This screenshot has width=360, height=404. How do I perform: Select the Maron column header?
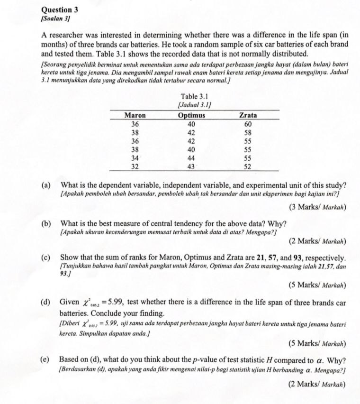coord(135,115)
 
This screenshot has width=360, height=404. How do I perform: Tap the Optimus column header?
coord(191,115)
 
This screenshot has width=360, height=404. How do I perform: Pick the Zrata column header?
coord(248,115)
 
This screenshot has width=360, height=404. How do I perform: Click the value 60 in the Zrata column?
coord(248,124)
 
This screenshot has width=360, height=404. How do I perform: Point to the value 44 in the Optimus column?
coord(191,158)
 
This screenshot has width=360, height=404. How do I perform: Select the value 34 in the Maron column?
coord(135,158)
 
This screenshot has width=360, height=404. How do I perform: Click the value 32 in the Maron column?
coord(135,166)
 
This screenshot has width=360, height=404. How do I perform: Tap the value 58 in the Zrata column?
coord(248,133)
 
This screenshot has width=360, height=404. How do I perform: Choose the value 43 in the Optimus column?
coord(191,166)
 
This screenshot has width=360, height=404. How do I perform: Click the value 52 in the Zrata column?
coord(248,166)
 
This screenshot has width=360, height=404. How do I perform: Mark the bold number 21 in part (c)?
coord(261,257)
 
